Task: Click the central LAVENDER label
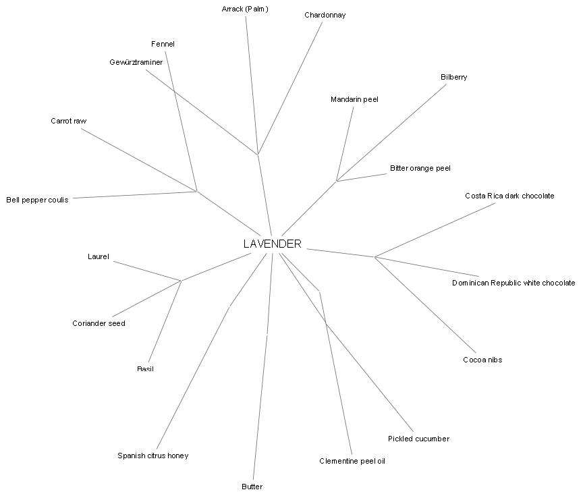pyautogui.click(x=272, y=244)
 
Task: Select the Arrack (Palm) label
pyautogui.click(x=245, y=9)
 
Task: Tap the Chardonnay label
pyautogui.click(x=325, y=15)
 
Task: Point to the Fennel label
pyautogui.click(x=163, y=44)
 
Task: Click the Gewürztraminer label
pyautogui.click(x=136, y=62)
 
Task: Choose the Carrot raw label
pyautogui.click(x=68, y=121)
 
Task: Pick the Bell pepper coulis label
pyautogui.click(x=37, y=200)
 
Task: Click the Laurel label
pyautogui.click(x=98, y=256)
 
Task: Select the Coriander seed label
pyautogui.click(x=99, y=323)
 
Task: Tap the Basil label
pyautogui.click(x=145, y=369)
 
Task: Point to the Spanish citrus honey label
pyautogui.click(x=152, y=456)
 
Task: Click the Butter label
pyautogui.click(x=252, y=487)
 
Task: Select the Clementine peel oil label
pyautogui.click(x=352, y=461)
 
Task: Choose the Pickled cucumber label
pyautogui.click(x=418, y=439)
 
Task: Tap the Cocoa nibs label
pyautogui.click(x=482, y=360)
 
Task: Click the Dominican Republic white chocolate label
pyautogui.click(x=513, y=283)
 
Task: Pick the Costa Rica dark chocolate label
pyautogui.click(x=509, y=196)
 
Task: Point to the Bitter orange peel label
pyautogui.click(x=420, y=168)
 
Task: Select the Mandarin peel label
pyautogui.click(x=354, y=99)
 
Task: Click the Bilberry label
pyautogui.click(x=453, y=77)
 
